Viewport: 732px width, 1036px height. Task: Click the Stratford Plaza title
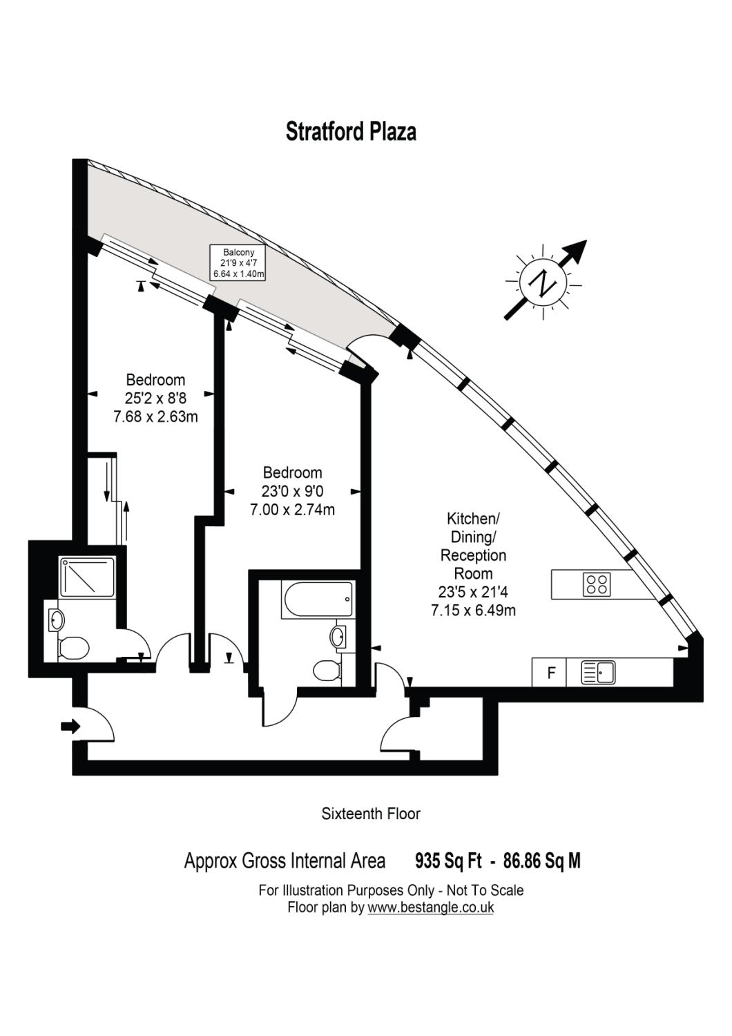click(351, 131)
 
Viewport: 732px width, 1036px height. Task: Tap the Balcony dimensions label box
click(238, 263)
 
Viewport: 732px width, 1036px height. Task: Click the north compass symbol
click(544, 282)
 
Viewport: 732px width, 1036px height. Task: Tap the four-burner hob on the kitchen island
click(597, 584)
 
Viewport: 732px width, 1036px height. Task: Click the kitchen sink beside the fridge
click(598, 673)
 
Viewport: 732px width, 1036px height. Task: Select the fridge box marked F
click(550, 673)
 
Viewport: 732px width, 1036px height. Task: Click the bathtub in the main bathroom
click(317, 599)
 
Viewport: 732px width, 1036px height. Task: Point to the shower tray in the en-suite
click(87, 577)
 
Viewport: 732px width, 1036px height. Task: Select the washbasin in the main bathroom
click(338, 637)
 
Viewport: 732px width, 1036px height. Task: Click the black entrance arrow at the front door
click(70, 726)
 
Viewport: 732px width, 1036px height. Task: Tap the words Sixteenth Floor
click(371, 814)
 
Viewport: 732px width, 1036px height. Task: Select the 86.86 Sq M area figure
click(542, 861)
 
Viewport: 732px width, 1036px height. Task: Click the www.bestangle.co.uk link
click(430, 908)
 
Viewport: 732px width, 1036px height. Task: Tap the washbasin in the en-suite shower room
click(55, 620)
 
